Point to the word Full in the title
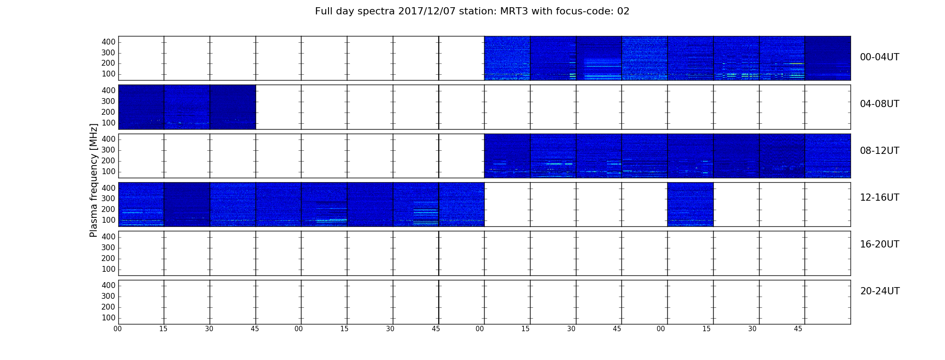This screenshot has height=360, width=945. [323, 11]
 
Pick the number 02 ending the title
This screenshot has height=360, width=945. [623, 11]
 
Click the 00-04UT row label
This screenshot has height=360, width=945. [880, 57]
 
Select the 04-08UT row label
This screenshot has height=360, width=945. [880, 104]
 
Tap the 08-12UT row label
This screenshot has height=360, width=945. [880, 151]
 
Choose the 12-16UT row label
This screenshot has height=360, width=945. [880, 198]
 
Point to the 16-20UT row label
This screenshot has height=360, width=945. [880, 244]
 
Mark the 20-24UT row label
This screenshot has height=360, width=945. [880, 291]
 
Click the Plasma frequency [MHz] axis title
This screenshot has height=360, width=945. [94, 180]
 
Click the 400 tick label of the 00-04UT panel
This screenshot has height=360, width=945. [108, 42]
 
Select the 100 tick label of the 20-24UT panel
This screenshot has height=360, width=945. [108, 318]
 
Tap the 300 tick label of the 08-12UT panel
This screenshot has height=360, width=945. [108, 150]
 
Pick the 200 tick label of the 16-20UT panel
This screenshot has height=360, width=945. [108, 258]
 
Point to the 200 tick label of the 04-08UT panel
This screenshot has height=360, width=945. [108, 112]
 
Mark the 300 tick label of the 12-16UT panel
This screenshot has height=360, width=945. [108, 198]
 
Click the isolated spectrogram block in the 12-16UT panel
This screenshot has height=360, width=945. [690, 204]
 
